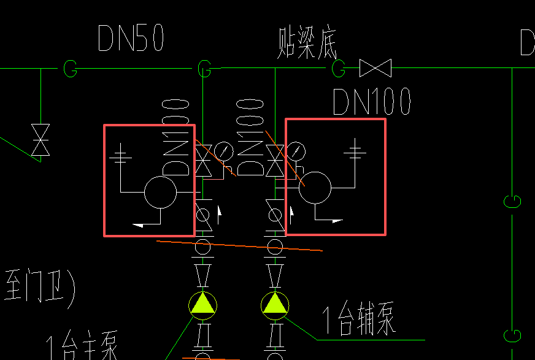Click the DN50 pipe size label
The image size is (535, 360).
[x=131, y=39]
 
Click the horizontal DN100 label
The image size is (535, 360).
[x=371, y=102]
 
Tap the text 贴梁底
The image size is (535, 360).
[x=307, y=45]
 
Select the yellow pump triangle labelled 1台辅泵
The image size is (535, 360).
[x=274, y=304]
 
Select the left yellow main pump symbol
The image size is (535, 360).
[x=202, y=305]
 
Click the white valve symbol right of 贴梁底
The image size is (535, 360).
[x=375, y=68]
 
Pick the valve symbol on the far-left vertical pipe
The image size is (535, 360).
[x=40, y=140]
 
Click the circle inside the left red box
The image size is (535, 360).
[x=160, y=192]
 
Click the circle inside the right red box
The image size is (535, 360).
[x=315, y=188]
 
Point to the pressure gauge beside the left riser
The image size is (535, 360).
[x=225, y=151]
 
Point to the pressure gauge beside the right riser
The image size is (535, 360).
[x=296, y=151]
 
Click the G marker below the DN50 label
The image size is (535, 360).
[x=71, y=69]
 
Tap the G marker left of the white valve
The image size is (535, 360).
[x=339, y=68]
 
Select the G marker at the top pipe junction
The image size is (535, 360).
[x=204, y=69]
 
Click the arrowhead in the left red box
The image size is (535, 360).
[x=139, y=224]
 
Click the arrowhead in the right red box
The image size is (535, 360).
[x=337, y=220]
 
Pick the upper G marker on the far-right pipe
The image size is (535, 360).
[x=512, y=201]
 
